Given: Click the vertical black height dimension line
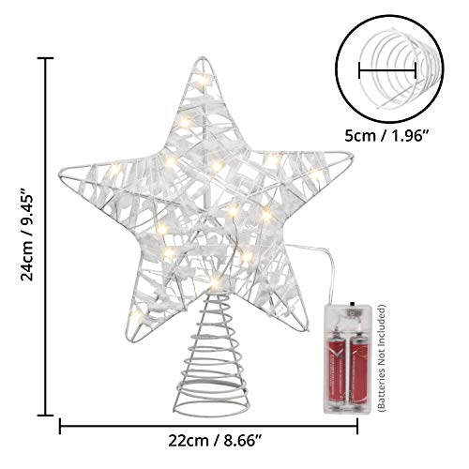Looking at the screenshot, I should pyautogui.click(x=45, y=234).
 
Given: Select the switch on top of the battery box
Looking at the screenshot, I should pyautogui.click(x=347, y=305).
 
